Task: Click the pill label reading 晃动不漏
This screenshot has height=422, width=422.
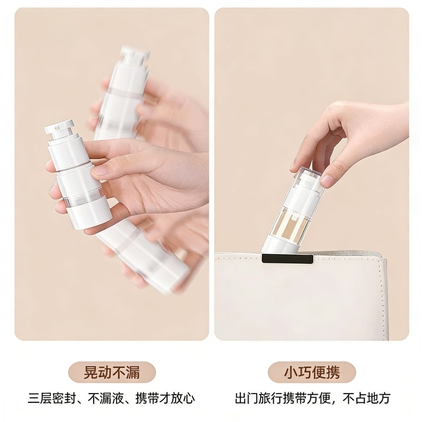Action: [111, 372]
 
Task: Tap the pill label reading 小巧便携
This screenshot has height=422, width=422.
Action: [312, 372]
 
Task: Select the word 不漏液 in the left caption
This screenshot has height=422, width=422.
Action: [105, 399]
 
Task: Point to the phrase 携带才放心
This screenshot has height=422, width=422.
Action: [166, 399]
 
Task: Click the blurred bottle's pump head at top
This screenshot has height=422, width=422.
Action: [134, 56]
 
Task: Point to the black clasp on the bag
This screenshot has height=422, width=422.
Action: [287, 259]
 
